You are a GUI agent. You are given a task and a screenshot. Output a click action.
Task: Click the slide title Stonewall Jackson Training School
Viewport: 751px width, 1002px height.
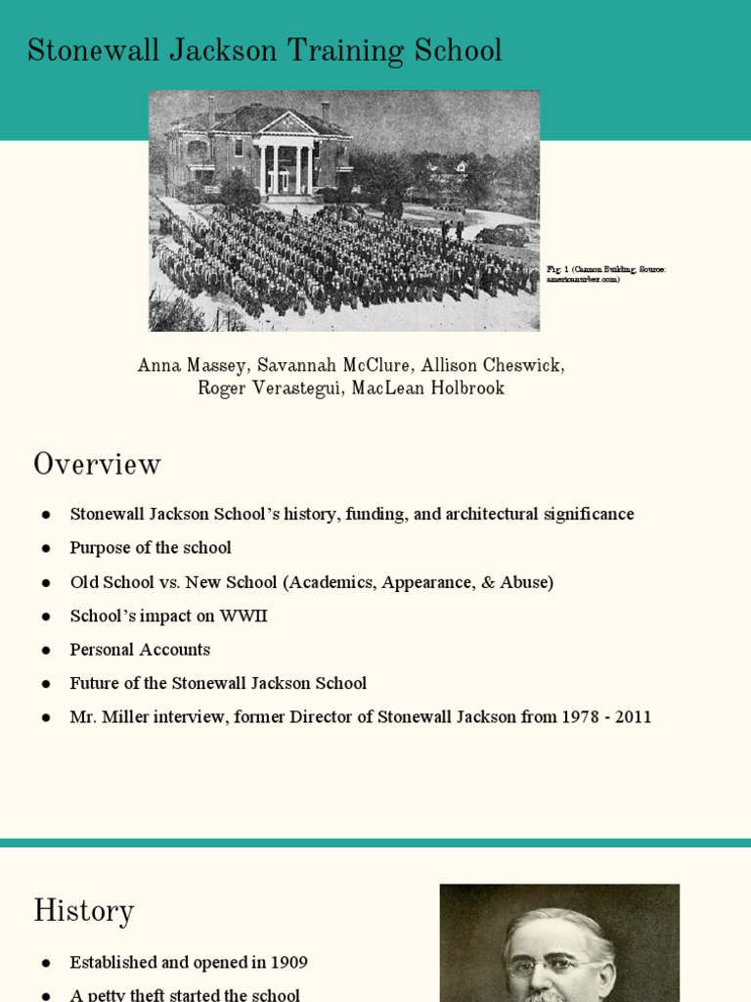coord(264,51)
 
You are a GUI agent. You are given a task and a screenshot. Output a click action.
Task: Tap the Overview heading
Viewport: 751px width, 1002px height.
coord(97,464)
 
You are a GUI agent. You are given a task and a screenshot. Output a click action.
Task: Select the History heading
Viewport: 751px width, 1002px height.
coord(83,911)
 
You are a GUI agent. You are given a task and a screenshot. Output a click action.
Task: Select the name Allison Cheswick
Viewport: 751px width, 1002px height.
coord(492,366)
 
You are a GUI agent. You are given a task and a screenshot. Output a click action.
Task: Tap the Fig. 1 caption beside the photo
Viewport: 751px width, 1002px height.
coord(606,274)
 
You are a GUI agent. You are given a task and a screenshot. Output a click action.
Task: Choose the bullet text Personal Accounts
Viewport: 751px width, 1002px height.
coord(140,650)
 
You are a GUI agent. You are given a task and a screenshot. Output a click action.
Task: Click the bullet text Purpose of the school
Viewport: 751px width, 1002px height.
coord(151,548)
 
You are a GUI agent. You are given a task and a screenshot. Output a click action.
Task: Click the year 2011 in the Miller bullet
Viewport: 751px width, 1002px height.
coord(633,717)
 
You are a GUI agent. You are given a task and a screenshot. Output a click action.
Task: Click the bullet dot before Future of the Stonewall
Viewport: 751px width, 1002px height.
coord(45,684)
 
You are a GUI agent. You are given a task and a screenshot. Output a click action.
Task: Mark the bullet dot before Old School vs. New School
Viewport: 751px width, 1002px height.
coord(45,582)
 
